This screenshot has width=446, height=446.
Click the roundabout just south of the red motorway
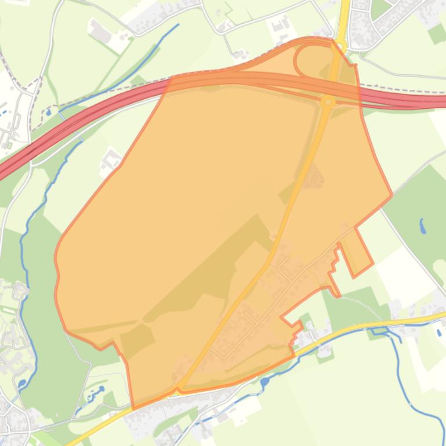[x=328, y=102]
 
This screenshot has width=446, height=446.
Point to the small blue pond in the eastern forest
[x=423, y=225]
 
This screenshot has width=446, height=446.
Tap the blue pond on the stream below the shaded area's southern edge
[x=264, y=382]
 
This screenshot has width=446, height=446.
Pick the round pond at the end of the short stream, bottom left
[x=101, y=389]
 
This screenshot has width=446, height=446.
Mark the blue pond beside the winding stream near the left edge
[x=22, y=383]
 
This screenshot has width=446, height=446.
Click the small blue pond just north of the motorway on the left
[x=49, y=111]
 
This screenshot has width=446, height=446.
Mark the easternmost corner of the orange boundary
[x=391, y=195]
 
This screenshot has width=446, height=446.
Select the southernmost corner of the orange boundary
[x=134, y=408]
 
